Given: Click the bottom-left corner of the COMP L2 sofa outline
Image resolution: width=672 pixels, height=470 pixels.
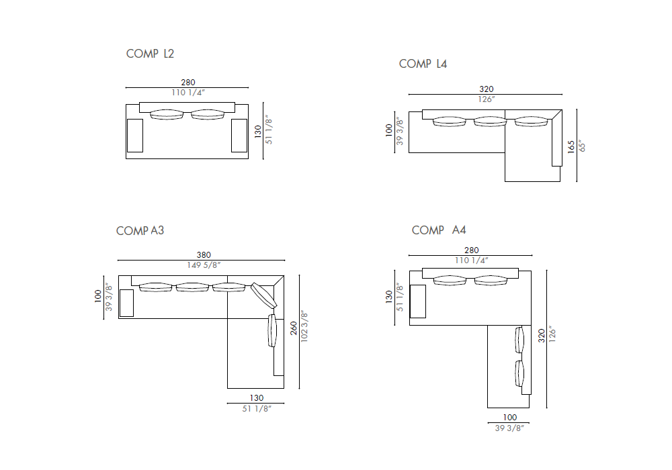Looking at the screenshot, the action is [x=126, y=159].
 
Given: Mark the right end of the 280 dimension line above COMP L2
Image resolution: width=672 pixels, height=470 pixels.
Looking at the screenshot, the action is [x=249, y=88].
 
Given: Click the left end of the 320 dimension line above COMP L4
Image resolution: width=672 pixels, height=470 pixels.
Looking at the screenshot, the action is [x=409, y=94].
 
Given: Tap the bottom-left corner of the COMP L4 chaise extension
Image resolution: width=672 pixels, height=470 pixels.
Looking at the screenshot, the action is [x=505, y=181].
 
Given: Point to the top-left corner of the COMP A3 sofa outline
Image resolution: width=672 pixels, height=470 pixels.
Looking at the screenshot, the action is [x=119, y=275].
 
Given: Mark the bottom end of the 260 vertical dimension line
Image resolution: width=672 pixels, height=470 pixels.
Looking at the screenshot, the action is [x=299, y=389].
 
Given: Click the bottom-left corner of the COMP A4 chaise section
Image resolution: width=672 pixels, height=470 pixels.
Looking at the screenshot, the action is [x=488, y=408].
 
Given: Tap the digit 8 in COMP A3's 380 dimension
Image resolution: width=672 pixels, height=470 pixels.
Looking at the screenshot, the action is [x=204, y=255].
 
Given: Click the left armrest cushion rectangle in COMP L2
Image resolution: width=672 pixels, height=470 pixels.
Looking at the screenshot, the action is [x=135, y=135].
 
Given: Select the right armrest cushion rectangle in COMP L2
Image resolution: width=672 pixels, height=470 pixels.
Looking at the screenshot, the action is [x=239, y=135].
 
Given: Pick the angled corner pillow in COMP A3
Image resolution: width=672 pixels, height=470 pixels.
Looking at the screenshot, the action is [x=263, y=295].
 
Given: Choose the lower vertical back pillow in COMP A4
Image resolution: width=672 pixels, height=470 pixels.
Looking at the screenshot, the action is [x=519, y=373].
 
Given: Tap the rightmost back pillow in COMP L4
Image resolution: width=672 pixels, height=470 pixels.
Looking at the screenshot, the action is [x=532, y=122].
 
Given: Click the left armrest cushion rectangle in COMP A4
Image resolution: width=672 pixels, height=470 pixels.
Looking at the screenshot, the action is [x=418, y=301].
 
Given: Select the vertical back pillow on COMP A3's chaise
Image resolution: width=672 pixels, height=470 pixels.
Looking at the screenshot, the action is [x=272, y=330].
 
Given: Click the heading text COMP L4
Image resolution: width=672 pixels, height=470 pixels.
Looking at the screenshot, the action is [x=423, y=64].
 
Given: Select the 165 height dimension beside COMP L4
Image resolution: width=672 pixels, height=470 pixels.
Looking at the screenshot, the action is [x=571, y=146].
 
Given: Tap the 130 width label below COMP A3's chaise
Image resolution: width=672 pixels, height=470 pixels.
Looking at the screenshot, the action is [x=257, y=398].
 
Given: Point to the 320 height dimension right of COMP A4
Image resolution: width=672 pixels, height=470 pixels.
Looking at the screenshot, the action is [x=541, y=336].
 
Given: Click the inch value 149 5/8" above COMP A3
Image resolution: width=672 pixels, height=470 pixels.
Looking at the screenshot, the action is [x=204, y=265].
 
